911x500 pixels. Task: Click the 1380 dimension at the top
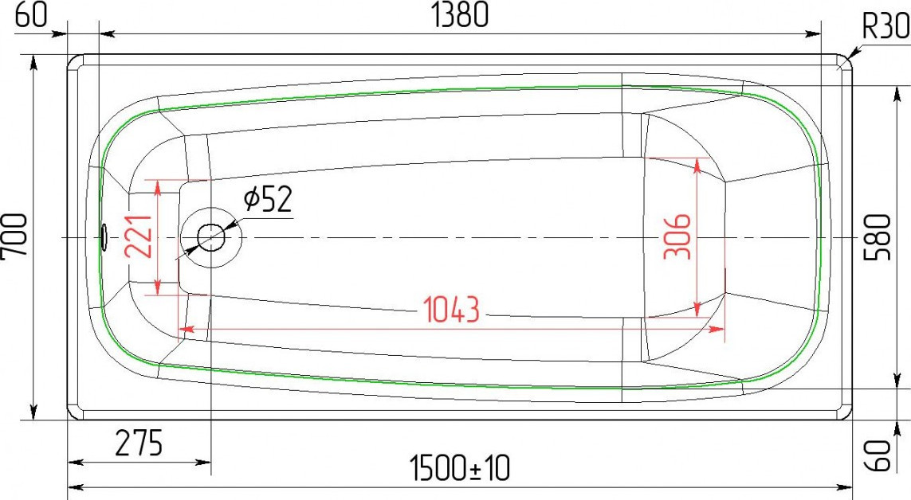point(460,16)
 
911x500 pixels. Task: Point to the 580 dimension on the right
point(878,237)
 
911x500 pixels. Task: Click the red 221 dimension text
point(139,236)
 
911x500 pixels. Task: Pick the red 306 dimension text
point(678,236)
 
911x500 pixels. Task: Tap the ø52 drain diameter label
point(267,199)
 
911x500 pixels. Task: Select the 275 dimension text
point(139,443)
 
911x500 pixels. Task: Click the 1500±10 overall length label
point(460,468)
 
